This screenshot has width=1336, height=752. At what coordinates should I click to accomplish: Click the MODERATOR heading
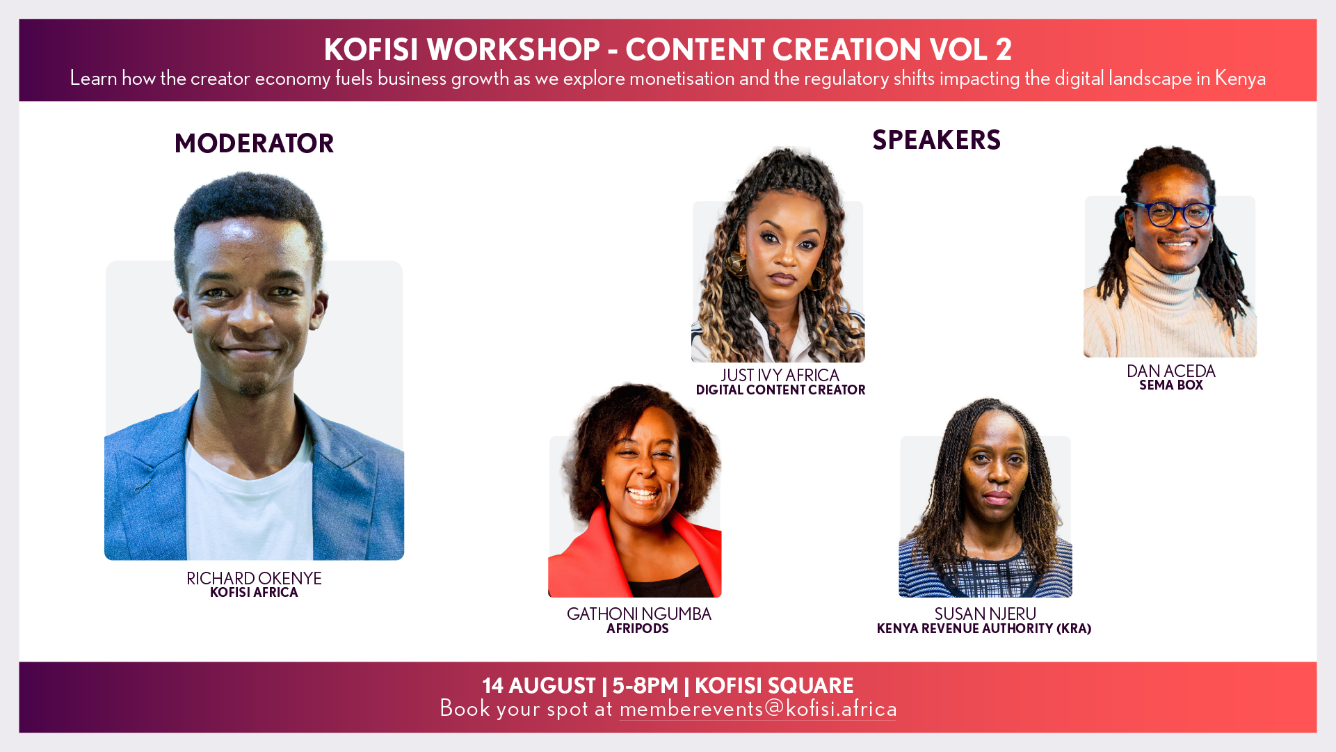pyautogui.click(x=254, y=143)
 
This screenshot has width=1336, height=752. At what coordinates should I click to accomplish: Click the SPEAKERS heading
pyautogui.click(x=936, y=140)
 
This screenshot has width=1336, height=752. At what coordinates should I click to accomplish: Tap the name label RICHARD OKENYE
pyautogui.click(x=254, y=578)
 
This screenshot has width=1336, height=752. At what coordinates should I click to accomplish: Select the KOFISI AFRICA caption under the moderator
pyautogui.click(x=254, y=593)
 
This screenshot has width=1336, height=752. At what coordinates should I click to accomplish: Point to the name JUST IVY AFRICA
pyautogui.click(x=780, y=375)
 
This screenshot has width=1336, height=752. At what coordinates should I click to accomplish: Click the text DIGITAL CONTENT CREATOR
pyautogui.click(x=780, y=390)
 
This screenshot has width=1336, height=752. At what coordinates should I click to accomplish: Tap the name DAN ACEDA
pyautogui.click(x=1170, y=371)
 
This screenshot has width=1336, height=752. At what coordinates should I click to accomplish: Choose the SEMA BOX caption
pyautogui.click(x=1170, y=385)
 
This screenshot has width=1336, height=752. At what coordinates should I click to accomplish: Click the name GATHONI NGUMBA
pyautogui.click(x=638, y=614)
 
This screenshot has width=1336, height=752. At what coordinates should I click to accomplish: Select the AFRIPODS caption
pyautogui.click(x=637, y=629)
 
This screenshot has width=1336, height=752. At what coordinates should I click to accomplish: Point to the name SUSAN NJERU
pyautogui.click(x=985, y=614)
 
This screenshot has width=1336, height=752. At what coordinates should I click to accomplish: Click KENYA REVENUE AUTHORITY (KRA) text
pyautogui.click(x=983, y=629)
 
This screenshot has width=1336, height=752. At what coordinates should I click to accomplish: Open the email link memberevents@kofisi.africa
pyautogui.click(x=758, y=709)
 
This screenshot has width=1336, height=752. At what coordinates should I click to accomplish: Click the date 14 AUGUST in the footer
pyautogui.click(x=539, y=686)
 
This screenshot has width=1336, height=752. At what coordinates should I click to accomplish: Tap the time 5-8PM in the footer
pyautogui.click(x=645, y=686)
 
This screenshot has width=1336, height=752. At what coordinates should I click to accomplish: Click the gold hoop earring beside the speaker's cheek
pyautogui.click(x=736, y=265)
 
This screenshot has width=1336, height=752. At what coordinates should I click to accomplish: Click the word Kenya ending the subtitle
pyautogui.click(x=1240, y=79)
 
